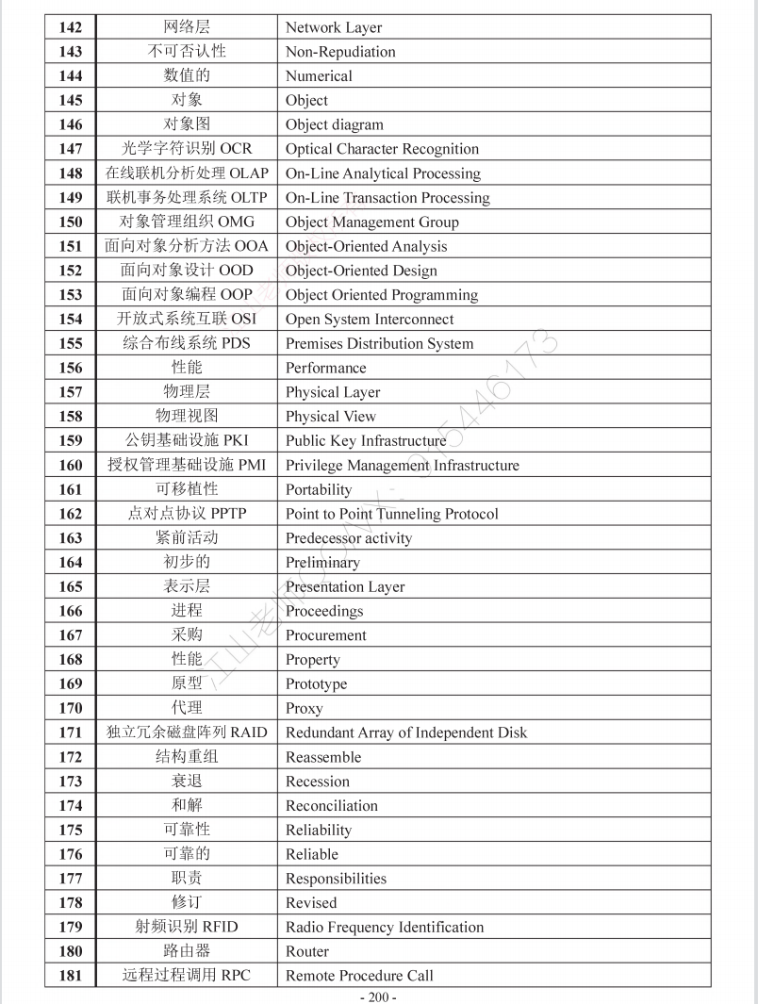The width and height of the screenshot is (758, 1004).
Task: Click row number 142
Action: [71, 27]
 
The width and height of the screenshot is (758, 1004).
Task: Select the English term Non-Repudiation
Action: [340, 52]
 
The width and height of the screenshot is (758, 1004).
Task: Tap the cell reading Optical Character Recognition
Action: [382, 149]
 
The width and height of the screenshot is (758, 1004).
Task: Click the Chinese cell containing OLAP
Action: [187, 173]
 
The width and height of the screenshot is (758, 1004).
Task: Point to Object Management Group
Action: [371, 222]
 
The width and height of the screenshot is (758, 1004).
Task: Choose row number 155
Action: [71, 344]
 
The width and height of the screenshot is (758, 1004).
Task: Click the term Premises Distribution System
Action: [379, 344]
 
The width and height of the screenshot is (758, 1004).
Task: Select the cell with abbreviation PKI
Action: [187, 440]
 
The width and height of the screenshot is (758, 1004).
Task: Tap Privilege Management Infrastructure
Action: [402, 466]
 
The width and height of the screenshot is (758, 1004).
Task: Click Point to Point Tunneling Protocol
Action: [391, 514]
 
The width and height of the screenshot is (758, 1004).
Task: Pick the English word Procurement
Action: [325, 635]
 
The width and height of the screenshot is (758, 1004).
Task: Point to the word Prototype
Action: [316, 684]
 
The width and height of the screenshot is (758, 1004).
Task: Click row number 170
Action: [71, 708]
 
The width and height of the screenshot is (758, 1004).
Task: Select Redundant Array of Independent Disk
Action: [405, 732]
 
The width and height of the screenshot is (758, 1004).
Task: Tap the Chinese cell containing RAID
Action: [187, 732]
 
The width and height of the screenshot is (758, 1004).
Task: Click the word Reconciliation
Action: [331, 806]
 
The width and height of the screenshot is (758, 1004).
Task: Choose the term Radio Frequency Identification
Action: [384, 928]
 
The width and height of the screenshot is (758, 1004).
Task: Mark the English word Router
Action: [307, 952]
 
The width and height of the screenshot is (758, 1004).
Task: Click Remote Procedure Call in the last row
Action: [359, 976]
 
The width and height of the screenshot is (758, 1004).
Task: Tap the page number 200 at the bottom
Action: [378, 996]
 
